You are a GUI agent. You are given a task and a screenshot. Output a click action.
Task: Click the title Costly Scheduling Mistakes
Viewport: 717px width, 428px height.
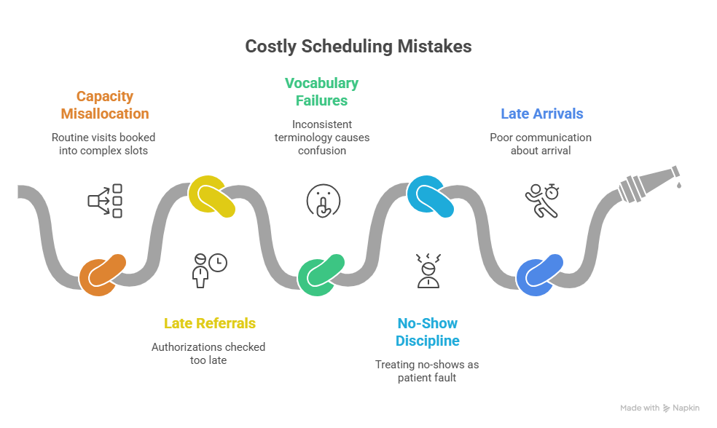pyautogui.click(x=358, y=47)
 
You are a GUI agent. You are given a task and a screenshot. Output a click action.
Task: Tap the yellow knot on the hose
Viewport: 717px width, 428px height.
pyautogui.click(x=211, y=197)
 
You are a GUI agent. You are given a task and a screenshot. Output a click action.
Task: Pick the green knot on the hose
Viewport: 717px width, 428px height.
pyautogui.click(x=321, y=275)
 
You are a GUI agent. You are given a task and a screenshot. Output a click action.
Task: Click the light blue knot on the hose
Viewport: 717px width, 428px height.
pyautogui.click(x=430, y=197)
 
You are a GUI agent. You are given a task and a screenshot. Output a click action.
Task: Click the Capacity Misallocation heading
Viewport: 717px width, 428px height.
pyautogui.click(x=105, y=105)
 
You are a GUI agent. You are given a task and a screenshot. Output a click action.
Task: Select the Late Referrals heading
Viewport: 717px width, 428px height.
pyautogui.click(x=210, y=323)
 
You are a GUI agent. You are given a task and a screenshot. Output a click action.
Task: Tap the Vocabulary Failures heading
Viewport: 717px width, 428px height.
pyautogui.click(x=321, y=92)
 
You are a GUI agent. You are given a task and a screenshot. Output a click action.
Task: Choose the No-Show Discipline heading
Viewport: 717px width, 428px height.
pyautogui.click(x=428, y=332)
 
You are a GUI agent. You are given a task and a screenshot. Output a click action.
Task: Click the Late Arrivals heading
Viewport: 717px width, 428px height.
pyautogui.click(x=541, y=114)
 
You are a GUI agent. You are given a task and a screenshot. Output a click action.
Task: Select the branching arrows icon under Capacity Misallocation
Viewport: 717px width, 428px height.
pyautogui.click(x=105, y=200)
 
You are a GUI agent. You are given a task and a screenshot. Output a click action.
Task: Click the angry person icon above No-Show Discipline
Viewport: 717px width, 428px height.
pyautogui.click(x=427, y=270)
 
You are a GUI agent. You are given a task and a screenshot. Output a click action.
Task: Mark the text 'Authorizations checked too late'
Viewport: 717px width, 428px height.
pyautogui.click(x=208, y=353)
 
